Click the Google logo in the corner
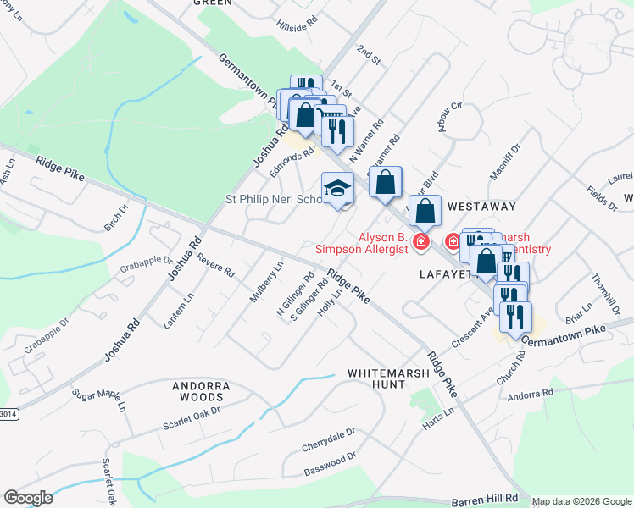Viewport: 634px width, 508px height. click(28, 498)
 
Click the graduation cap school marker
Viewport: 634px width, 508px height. click(337, 188)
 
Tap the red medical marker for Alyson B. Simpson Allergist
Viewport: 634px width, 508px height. click(420, 243)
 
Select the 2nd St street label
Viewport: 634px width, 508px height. click(370, 58)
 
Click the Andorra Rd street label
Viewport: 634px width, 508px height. click(530, 393)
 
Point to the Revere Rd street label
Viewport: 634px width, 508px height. click(215, 267)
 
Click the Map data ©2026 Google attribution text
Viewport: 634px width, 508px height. click(581, 501)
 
